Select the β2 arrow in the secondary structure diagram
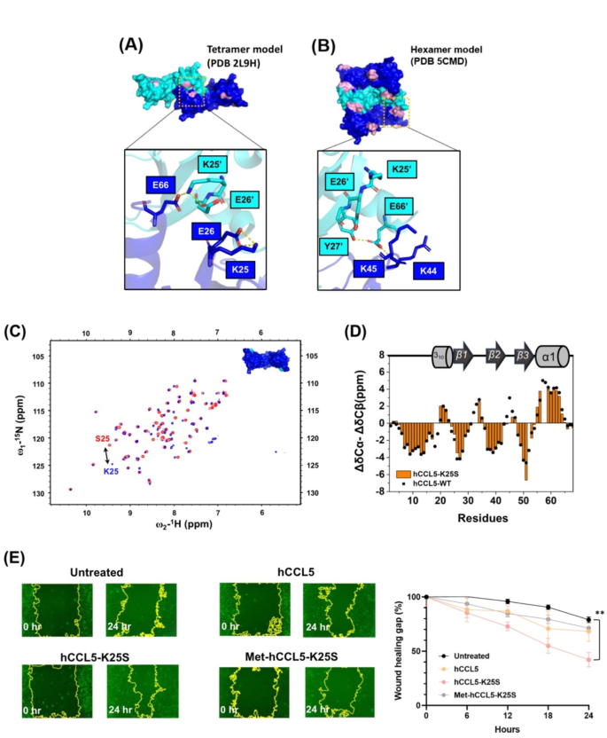[494, 357]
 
